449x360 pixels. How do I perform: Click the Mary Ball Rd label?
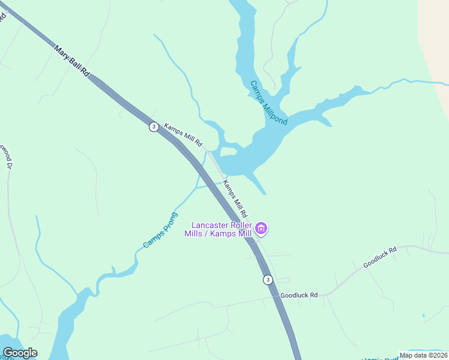[71, 61]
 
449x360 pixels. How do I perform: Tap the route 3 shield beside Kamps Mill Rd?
[154, 127]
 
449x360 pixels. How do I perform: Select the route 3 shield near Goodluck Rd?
[268, 280]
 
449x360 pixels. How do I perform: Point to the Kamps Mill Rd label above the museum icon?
[235, 198]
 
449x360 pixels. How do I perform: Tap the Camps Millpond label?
[268, 103]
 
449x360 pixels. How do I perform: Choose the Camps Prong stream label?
[160, 230]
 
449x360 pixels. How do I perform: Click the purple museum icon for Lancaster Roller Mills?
[261, 228]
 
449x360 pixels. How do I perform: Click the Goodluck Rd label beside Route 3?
[298, 295]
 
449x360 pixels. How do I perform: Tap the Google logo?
[20, 353]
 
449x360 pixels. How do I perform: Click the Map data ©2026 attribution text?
[423, 355]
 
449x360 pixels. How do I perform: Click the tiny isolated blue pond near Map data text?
[423, 315]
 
